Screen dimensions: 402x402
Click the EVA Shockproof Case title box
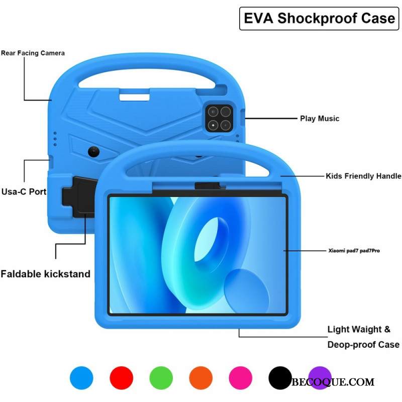(319, 19)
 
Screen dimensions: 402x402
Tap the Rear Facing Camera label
(33, 53)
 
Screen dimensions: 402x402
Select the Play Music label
(320, 119)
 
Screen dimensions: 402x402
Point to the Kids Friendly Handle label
(363, 176)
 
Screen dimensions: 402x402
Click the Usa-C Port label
(24, 191)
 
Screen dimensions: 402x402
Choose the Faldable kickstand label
(45, 274)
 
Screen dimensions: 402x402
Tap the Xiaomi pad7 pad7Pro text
(354, 250)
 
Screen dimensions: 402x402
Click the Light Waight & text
(359, 330)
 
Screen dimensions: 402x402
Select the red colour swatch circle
(121, 377)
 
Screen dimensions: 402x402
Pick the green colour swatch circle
(161, 377)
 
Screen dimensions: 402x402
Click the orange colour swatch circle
(200, 377)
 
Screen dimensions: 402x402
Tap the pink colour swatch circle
(240, 377)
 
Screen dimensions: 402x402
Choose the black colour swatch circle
(280, 377)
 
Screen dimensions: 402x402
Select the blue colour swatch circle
(81, 377)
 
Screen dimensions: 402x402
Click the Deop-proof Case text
(363, 345)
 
